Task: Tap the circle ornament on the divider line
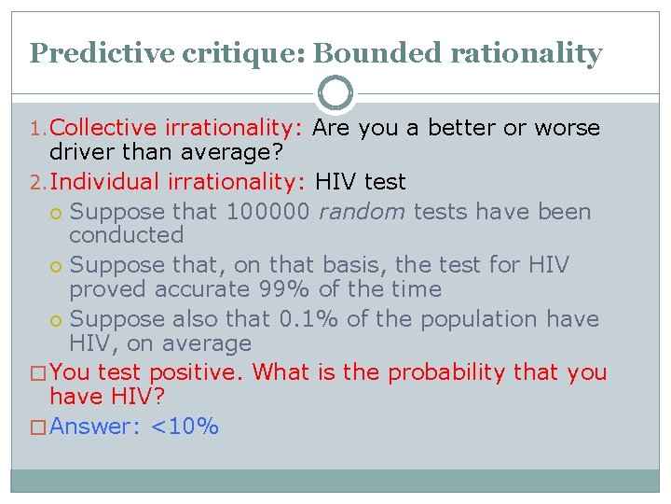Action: coord(335,94)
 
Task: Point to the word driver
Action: coord(81,151)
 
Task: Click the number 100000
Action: coord(267,212)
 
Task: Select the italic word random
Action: coord(361,212)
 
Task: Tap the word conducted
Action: coord(127,235)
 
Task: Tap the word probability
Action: coord(447,372)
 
